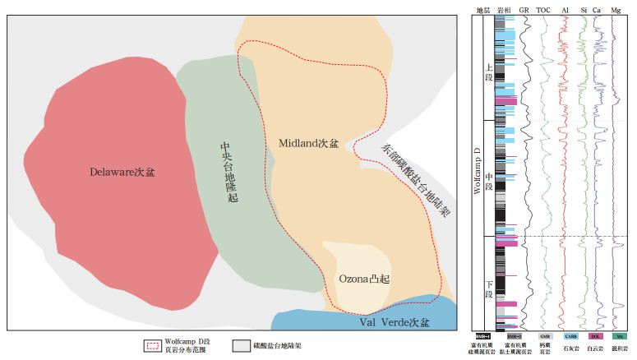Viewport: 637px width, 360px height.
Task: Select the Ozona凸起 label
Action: pos(363,279)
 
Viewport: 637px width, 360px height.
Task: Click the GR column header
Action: pos(524,10)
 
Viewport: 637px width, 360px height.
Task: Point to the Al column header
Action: pos(565,10)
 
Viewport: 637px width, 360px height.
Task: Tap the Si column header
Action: pos(584,10)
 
